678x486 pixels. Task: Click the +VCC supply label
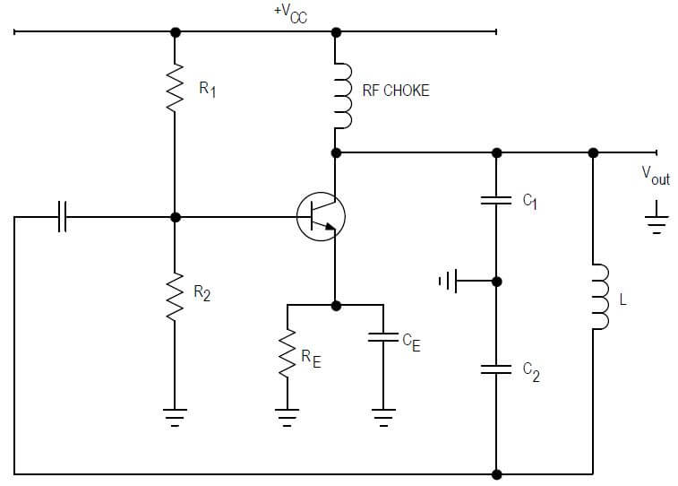point(291,13)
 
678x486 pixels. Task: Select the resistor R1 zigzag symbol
point(176,89)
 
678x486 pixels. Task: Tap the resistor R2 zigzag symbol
point(176,293)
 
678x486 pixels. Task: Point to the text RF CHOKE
point(395,91)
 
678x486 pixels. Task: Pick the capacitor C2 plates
point(496,367)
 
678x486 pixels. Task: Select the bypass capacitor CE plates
point(383,338)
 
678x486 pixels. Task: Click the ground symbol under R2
point(176,415)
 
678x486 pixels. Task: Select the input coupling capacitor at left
point(62,217)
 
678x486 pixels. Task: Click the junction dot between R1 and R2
point(176,217)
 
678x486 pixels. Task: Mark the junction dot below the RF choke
point(337,152)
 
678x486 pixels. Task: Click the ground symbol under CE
point(383,415)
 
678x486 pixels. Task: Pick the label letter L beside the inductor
point(622,300)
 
